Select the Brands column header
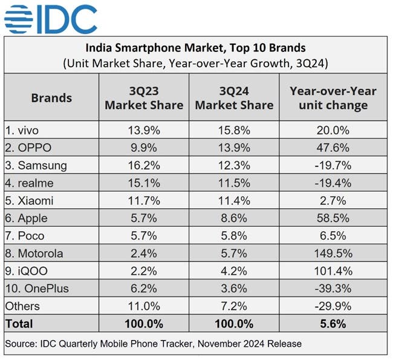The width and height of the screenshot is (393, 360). point(51,97)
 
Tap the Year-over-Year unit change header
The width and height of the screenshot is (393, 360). point(333,97)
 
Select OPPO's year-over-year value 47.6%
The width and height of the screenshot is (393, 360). point(333,148)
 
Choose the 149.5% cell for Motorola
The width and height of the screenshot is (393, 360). point(333,253)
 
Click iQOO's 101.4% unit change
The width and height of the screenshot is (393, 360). point(333,270)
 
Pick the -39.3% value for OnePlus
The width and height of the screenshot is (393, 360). point(333,289)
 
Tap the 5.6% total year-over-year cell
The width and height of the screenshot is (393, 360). point(333,324)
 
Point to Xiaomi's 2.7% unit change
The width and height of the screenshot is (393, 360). point(333,200)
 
